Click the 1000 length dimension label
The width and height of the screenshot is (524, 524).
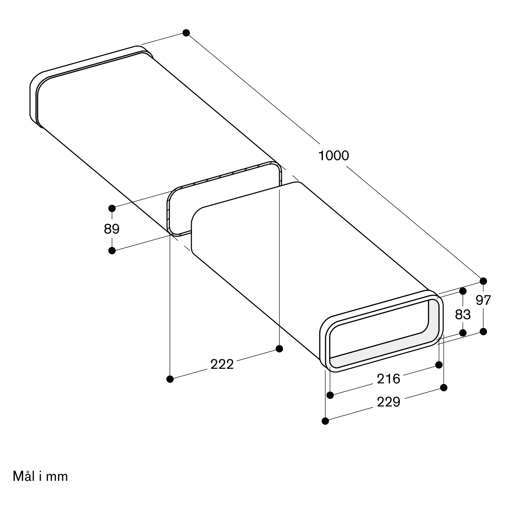click(x=333, y=156)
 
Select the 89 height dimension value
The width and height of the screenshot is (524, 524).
click(x=112, y=229)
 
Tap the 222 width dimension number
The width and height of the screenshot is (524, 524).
click(x=222, y=364)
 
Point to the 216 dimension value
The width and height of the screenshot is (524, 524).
click(x=388, y=379)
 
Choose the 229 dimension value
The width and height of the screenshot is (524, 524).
click(x=388, y=402)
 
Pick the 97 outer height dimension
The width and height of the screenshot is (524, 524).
click(x=483, y=300)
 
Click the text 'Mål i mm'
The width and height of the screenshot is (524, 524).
click(x=40, y=476)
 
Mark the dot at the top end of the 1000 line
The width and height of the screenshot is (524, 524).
click(x=186, y=33)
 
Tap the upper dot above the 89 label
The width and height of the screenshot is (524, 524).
click(x=112, y=208)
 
